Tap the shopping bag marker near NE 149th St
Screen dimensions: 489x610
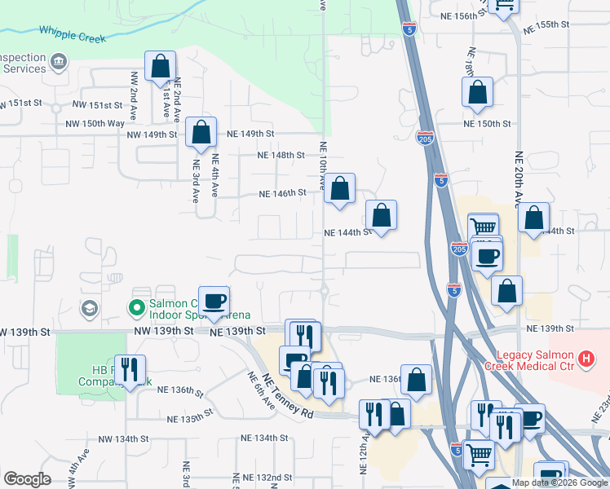pyautogui.click(x=201, y=132)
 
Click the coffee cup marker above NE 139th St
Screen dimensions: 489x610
pyautogui.click(x=214, y=301)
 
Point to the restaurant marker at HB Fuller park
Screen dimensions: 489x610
pyautogui.click(x=130, y=369)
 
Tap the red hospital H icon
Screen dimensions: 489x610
pyautogui.click(x=586, y=359)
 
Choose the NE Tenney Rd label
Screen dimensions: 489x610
pyautogui.click(x=289, y=397)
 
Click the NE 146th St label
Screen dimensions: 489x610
pyautogui.click(x=282, y=194)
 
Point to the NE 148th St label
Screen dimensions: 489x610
pyautogui.click(x=281, y=155)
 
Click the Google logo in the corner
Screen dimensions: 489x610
pyautogui.click(x=27, y=479)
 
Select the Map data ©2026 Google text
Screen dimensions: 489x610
pyautogui.click(x=559, y=482)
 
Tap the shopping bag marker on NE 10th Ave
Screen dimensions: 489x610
pyautogui.click(x=340, y=187)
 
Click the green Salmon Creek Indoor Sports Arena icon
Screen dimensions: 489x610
pyautogui.click(x=136, y=307)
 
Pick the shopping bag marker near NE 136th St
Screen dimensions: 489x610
pyautogui.click(x=416, y=379)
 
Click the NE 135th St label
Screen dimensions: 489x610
pyautogui.click(x=189, y=419)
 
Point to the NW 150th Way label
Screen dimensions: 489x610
pyautogui.click(x=95, y=123)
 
